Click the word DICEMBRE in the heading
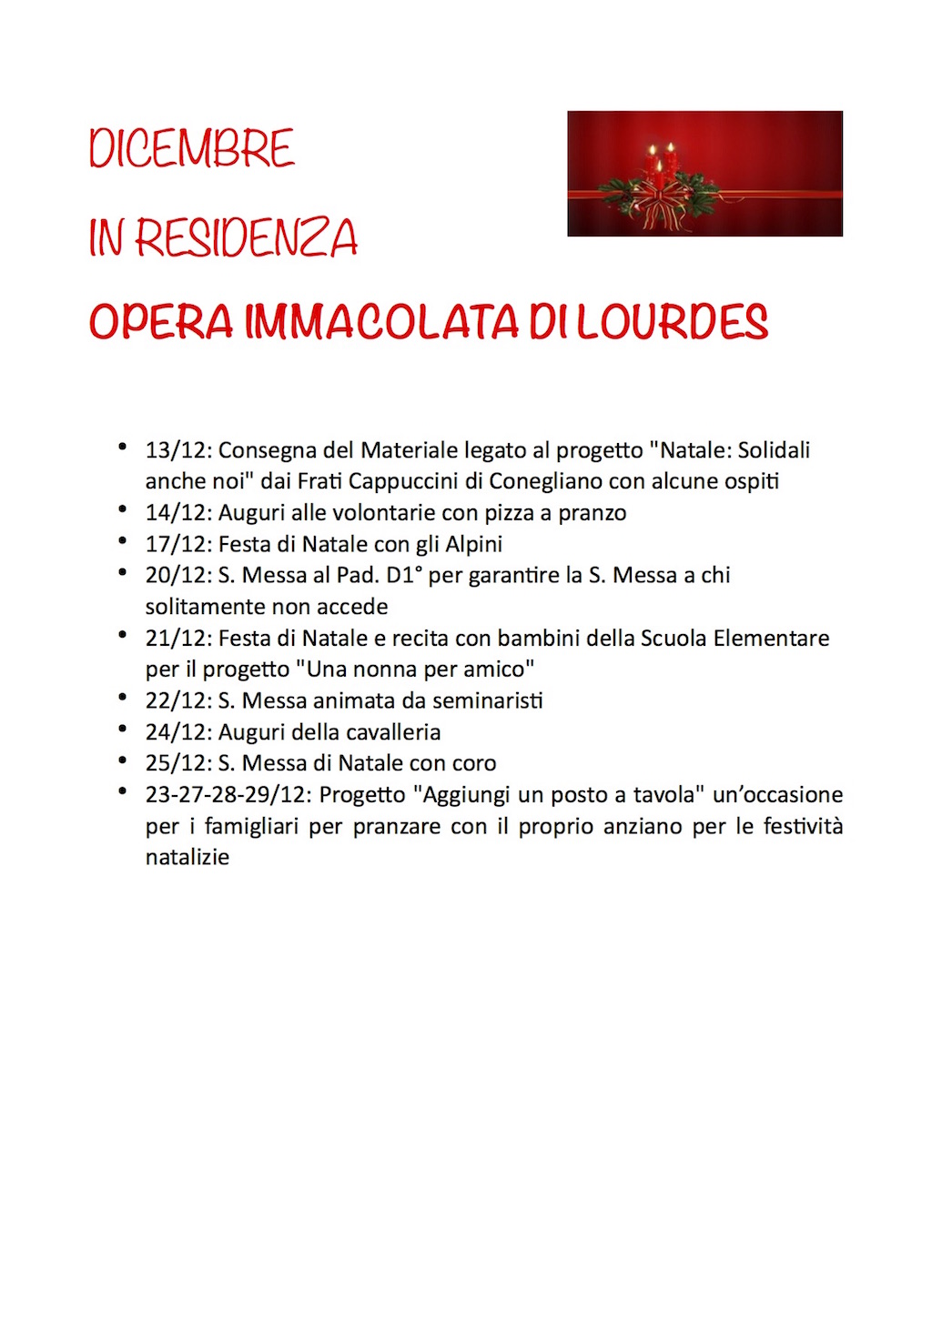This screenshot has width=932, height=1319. pyautogui.click(x=192, y=149)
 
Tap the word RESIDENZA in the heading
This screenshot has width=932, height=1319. pyautogui.click(x=246, y=238)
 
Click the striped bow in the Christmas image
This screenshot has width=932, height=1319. pyautogui.click(x=660, y=202)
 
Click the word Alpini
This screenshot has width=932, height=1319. pyautogui.click(x=473, y=544)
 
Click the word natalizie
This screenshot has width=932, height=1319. pyautogui.click(x=187, y=858)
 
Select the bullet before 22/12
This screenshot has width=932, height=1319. pyautogui.click(x=122, y=698)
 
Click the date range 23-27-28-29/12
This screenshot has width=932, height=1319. pyautogui.click(x=228, y=795)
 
